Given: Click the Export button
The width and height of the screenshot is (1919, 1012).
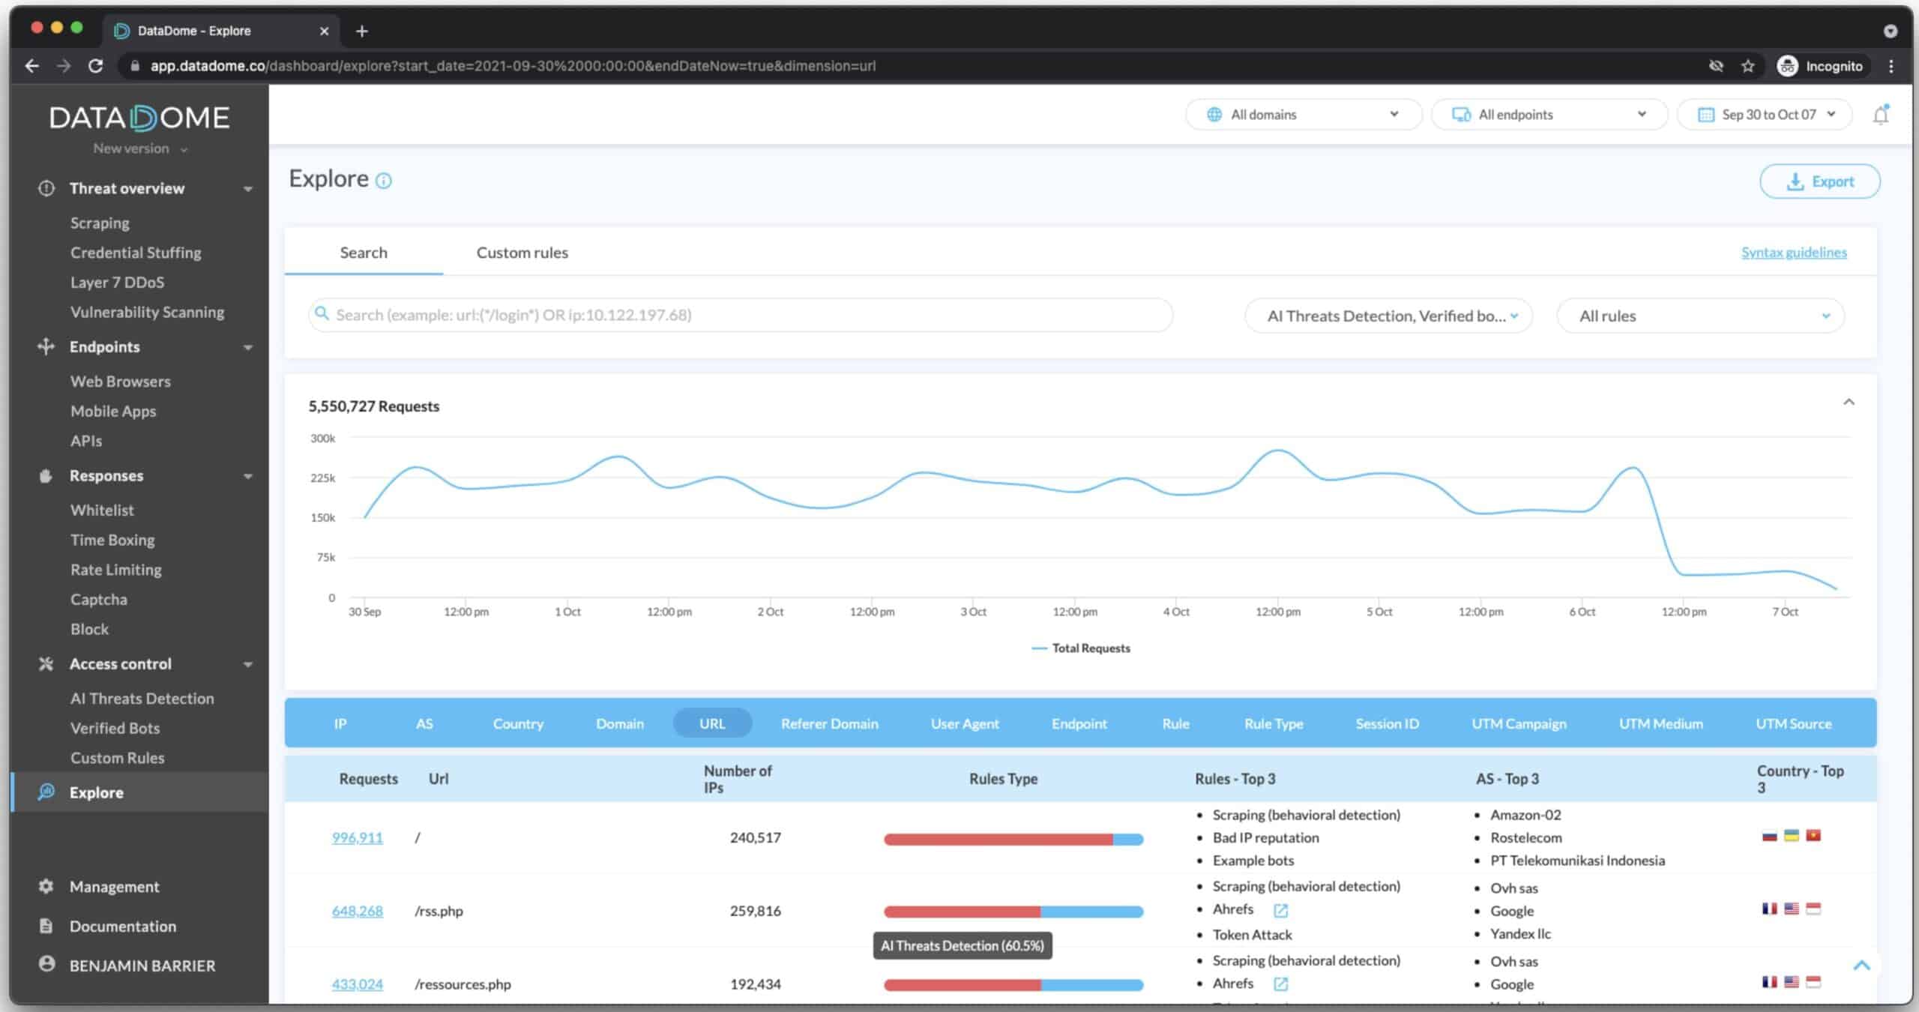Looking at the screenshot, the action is (1819, 181).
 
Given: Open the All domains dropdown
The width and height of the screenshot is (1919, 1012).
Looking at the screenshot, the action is (1304, 115).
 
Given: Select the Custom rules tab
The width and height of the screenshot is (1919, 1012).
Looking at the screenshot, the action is (522, 253).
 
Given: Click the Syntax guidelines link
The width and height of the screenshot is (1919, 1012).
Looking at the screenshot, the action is (1794, 253).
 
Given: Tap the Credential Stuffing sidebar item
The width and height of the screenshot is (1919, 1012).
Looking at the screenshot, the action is (136, 253).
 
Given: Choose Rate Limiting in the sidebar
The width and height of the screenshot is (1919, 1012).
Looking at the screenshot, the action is (116, 570).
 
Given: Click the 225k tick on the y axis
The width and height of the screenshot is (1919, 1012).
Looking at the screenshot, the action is (323, 478).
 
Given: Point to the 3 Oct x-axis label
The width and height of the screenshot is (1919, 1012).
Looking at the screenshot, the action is (973, 612).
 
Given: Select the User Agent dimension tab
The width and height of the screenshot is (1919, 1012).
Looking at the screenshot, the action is (965, 723).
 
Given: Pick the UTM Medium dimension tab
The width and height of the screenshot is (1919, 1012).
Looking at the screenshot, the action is (1660, 723).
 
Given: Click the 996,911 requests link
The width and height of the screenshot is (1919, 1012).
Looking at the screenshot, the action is (358, 837).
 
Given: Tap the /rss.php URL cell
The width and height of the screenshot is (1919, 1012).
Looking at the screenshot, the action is (439, 911).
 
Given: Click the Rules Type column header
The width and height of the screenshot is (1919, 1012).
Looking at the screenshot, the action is (1003, 779).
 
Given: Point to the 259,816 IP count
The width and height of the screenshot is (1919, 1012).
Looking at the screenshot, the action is (756, 911).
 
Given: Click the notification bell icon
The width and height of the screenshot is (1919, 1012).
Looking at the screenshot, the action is (1881, 115).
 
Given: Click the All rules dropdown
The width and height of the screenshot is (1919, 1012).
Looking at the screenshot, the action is (1700, 316).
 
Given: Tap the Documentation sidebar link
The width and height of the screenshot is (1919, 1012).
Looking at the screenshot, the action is (123, 927).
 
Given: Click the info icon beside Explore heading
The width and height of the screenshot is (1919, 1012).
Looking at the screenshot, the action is (384, 181).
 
